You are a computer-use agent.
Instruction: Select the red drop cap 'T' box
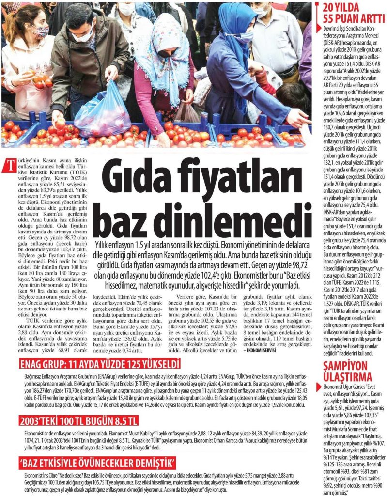tap(8, 165)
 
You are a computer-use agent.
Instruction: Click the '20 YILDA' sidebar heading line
tap(344, 8)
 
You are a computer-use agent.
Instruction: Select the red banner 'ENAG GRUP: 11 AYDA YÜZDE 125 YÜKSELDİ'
tap(100, 364)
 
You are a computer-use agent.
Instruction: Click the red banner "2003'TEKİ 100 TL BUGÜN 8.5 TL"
tap(78, 419)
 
